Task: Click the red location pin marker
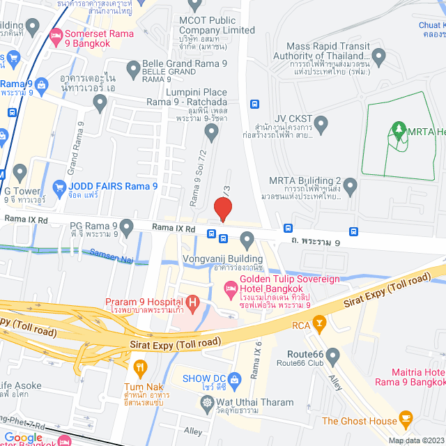[x=222, y=208]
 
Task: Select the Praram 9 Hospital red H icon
[x=193, y=302]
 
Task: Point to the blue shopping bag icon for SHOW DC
[x=234, y=378]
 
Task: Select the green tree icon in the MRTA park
[x=399, y=128]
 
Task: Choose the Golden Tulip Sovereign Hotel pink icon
[x=229, y=286]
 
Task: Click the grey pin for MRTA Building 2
[x=350, y=185]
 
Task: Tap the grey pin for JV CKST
[x=321, y=125]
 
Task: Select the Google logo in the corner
[x=24, y=437]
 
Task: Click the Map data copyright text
[x=415, y=440]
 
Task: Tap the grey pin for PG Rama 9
[x=126, y=226]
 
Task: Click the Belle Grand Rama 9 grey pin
[x=133, y=68]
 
